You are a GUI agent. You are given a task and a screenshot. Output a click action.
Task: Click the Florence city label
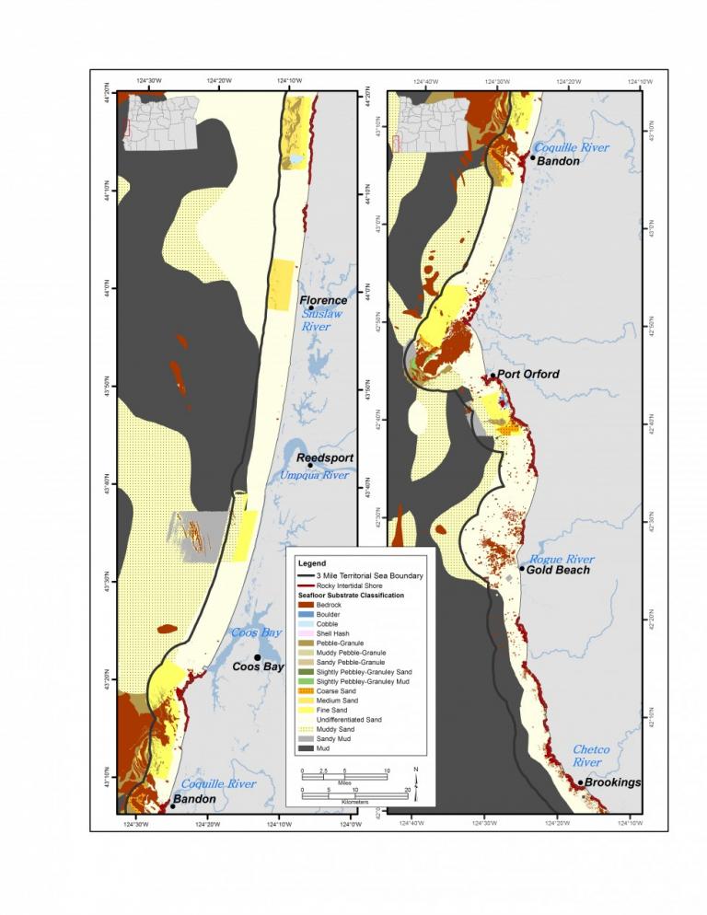pos(323,300)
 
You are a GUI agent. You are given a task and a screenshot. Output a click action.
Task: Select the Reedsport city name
pos(324,457)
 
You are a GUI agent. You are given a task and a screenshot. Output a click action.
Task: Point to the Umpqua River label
pos(314,475)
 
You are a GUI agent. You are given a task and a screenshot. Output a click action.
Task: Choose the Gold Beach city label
pos(560,570)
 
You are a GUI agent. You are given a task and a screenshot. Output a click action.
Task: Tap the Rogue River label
pos(562,559)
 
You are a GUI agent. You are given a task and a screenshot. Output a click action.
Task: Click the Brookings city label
pos(614,782)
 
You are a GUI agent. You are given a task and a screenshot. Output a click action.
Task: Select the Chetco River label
pos(591,756)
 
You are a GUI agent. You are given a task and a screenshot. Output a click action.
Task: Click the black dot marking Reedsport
pos(310,465)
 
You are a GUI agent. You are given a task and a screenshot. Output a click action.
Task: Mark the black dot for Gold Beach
pos(522,569)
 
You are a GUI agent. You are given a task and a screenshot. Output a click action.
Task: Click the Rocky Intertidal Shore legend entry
pos(354,585)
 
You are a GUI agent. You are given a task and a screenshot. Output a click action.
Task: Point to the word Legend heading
pos(312,562)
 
